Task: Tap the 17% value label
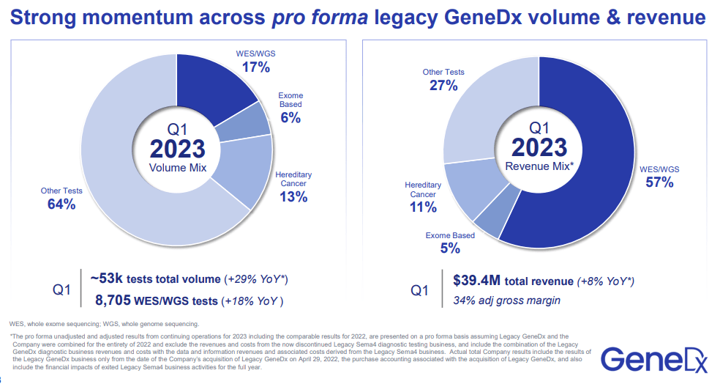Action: [256, 67]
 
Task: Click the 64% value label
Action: [61, 204]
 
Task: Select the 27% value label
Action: [443, 86]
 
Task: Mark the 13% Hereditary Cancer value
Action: [293, 196]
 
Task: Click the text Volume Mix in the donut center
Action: [177, 168]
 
